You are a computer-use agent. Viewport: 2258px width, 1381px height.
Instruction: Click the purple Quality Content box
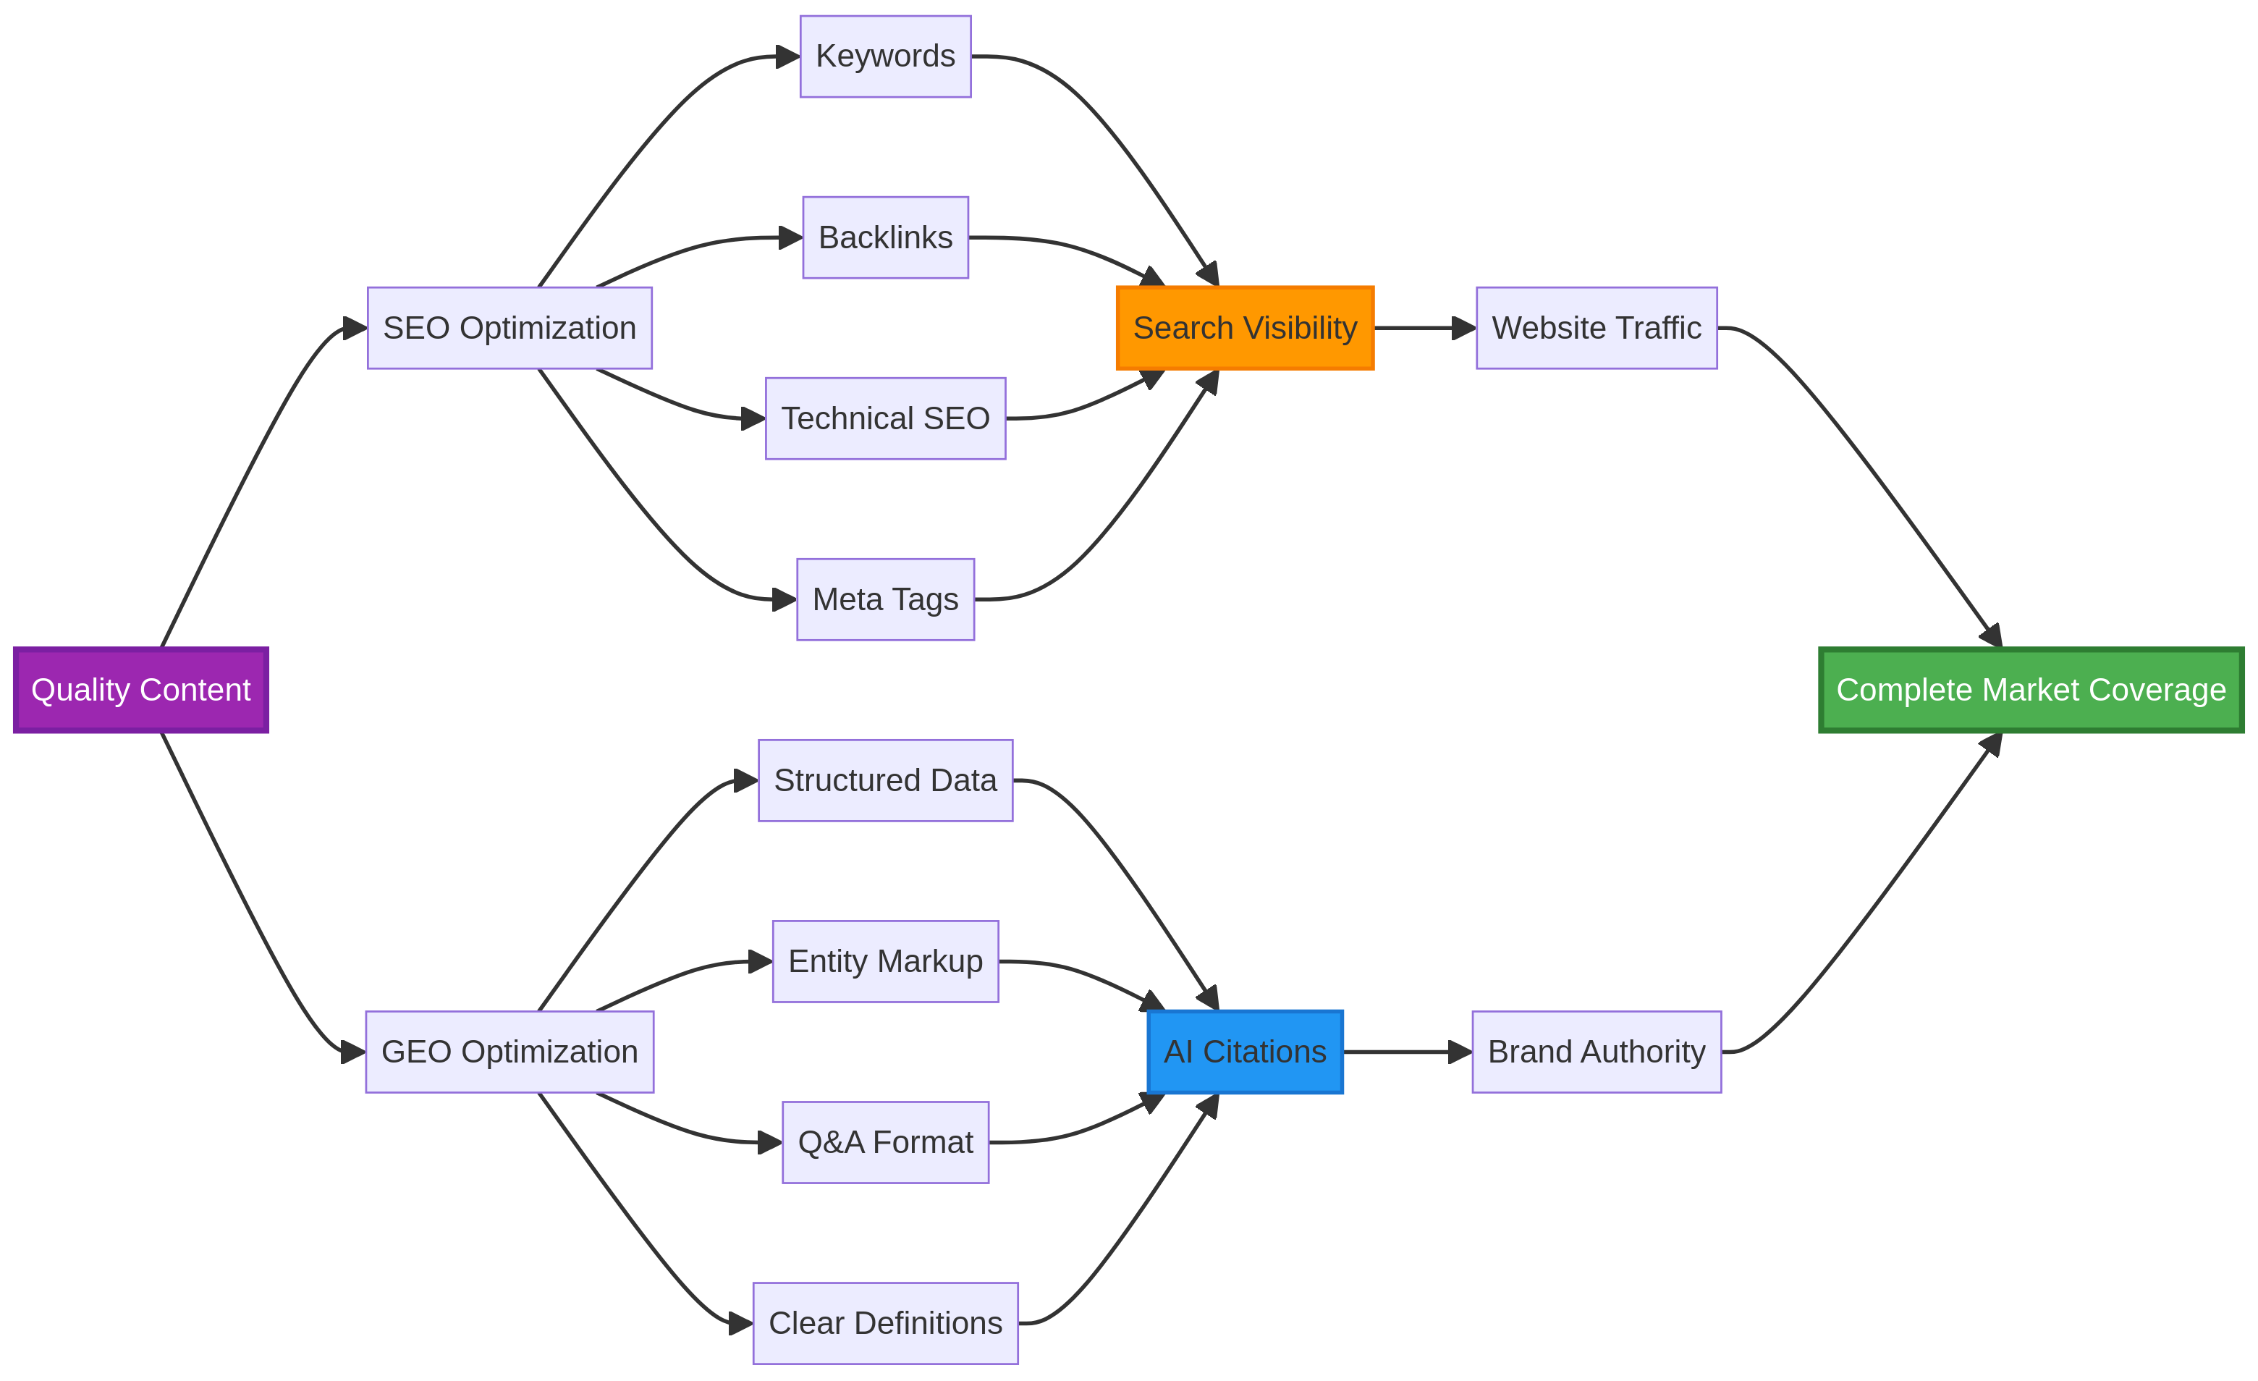(x=141, y=690)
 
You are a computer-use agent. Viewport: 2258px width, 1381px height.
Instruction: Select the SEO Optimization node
(x=509, y=328)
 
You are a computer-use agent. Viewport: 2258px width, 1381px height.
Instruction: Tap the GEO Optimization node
(x=509, y=1052)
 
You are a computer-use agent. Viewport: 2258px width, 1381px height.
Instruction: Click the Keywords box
(x=885, y=56)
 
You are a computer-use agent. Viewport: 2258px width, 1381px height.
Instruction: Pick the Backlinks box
(x=885, y=237)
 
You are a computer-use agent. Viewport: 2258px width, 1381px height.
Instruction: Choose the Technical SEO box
(x=885, y=419)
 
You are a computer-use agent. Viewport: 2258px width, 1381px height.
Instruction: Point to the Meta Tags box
(x=885, y=599)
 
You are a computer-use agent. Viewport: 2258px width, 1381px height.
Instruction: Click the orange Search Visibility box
(x=1245, y=328)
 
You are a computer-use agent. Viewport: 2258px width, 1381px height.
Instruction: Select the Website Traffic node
(x=1597, y=328)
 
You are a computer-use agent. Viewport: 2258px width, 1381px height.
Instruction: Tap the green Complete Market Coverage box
(x=2031, y=690)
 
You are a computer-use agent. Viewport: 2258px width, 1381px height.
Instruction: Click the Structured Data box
(x=885, y=781)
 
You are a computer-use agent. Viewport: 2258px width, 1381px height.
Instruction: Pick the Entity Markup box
(x=885, y=961)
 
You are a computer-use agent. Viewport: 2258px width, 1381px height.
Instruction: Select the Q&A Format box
(x=885, y=1143)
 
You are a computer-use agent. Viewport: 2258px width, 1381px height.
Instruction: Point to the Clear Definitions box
(x=885, y=1323)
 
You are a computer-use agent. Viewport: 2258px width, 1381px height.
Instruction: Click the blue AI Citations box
(x=1245, y=1052)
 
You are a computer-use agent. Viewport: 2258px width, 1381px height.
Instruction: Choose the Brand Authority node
(x=1597, y=1052)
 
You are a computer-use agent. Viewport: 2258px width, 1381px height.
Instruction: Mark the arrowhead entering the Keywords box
(x=788, y=56)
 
